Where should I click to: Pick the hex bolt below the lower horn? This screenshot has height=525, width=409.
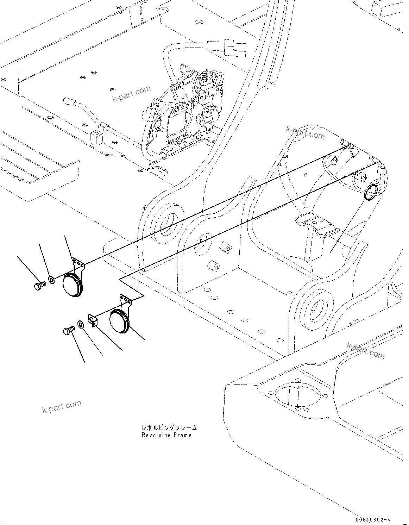pyautogui.click(x=68, y=331)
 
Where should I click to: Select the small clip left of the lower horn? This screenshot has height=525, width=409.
pyautogui.click(x=93, y=320)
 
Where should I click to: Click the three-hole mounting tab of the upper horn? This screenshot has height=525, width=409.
pyautogui.click(x=79, y=263)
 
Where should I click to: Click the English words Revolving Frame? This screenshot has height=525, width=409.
pyautogui.click(x=166, y=435)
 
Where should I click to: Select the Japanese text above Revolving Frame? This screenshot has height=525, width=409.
pyautogui.click(x=169, y=428)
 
